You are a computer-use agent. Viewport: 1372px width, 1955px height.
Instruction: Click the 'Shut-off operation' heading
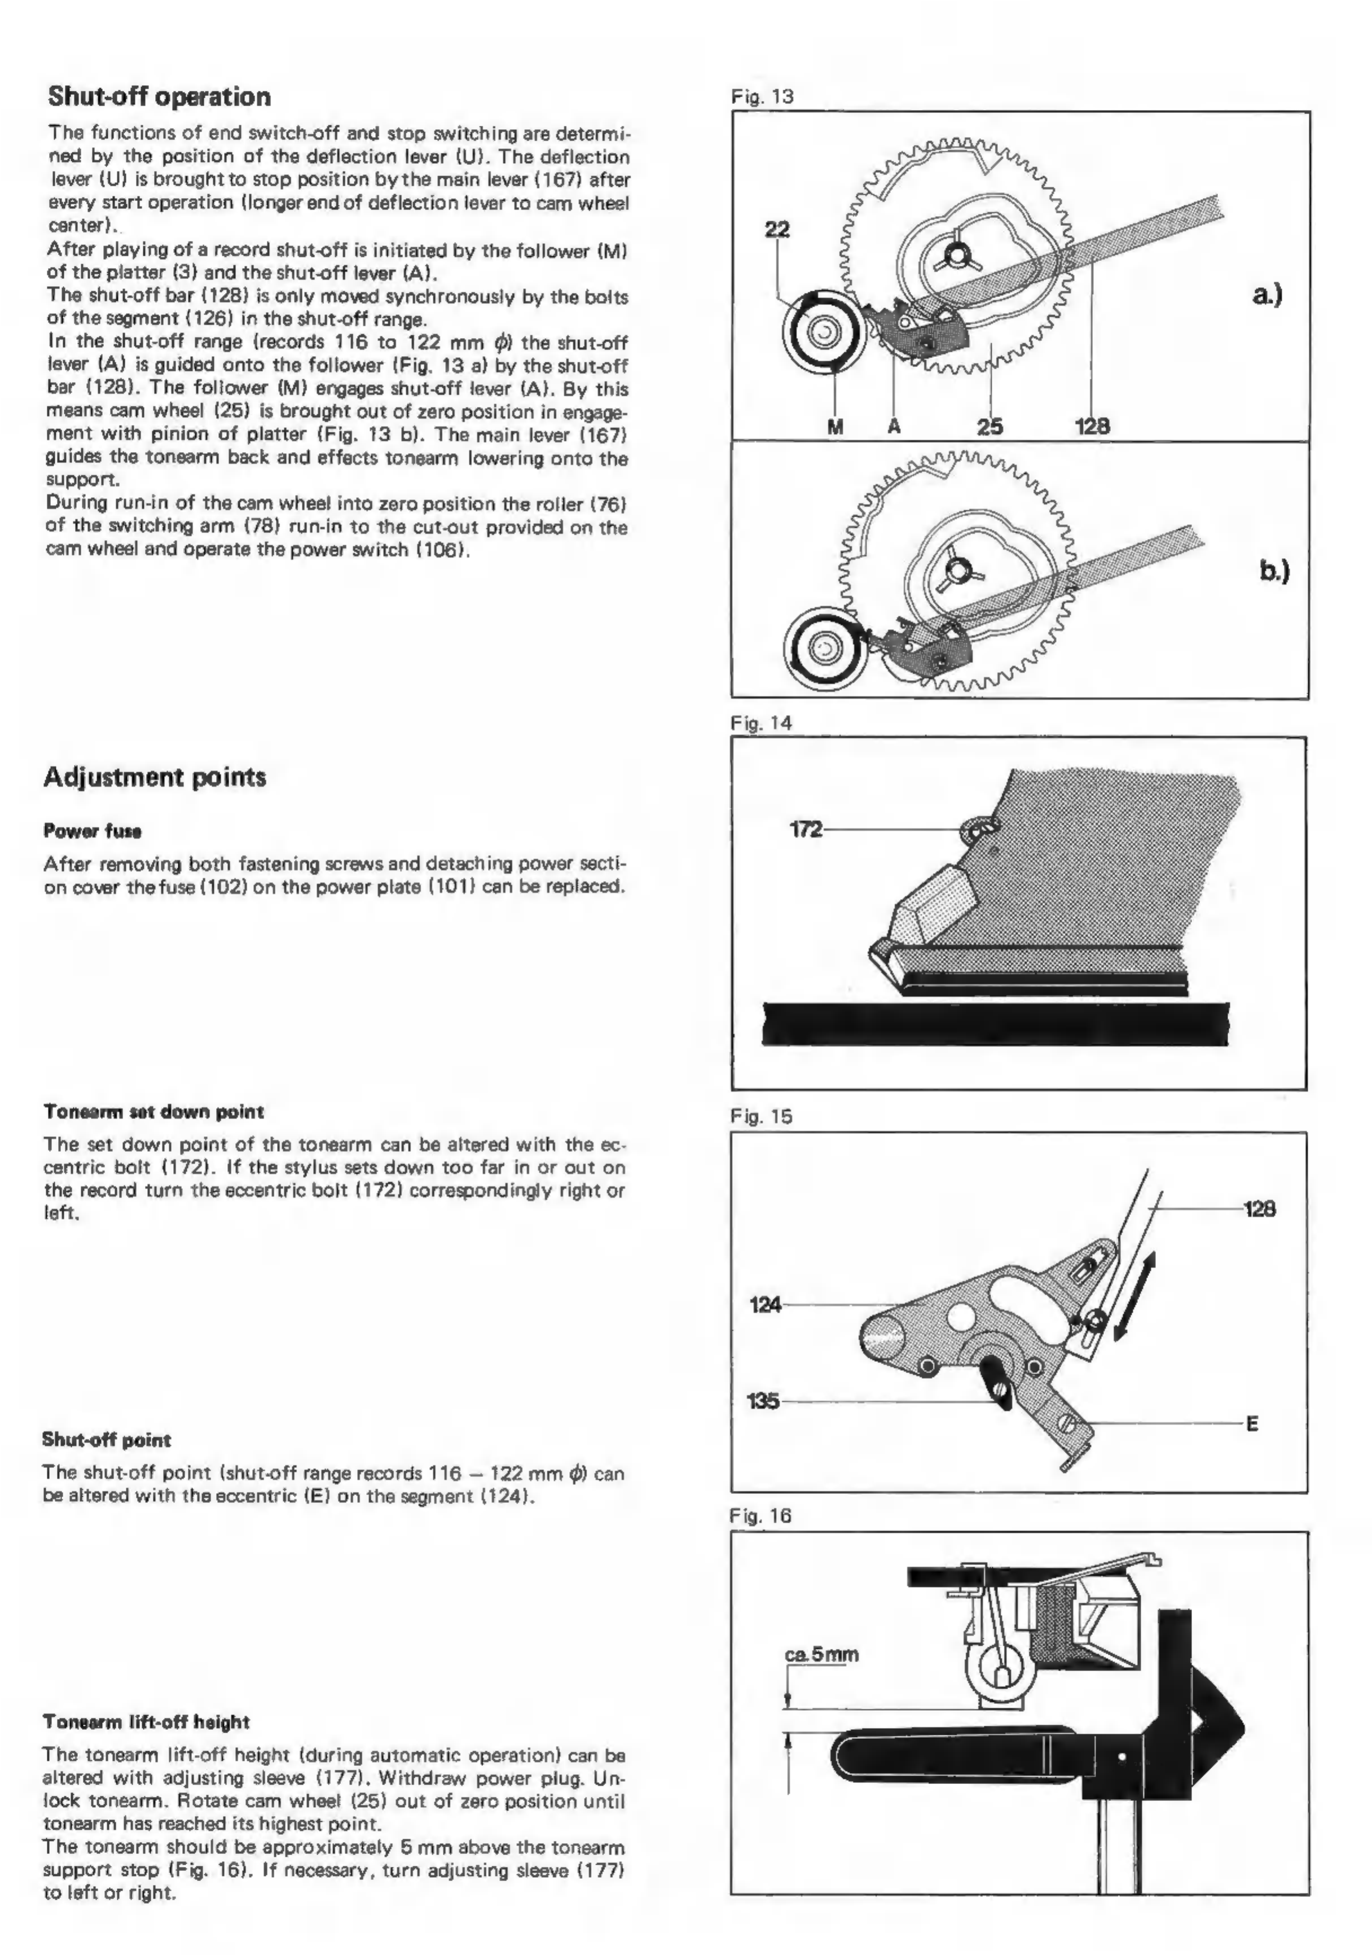click(x=159, y=96)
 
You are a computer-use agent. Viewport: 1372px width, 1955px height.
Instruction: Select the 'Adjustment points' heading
click(x=155, y=777)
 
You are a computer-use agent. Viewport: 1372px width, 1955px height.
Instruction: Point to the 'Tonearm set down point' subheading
click(x=153, y=1111)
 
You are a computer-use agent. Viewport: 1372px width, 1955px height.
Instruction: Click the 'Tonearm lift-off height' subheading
click(x=146, y=1722)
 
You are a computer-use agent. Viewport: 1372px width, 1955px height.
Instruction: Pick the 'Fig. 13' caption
click(x=762, y=96)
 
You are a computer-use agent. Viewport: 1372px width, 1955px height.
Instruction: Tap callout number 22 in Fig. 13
click(x=777, y=229)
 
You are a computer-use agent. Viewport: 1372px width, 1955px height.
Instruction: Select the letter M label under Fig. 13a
click(x=835, y=427)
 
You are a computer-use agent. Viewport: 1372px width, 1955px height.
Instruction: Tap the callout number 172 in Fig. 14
click(x=806, y=829)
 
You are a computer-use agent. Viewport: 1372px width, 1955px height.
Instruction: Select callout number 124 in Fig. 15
click(x=765, y=1304)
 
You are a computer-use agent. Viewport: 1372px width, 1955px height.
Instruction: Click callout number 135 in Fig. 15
click(x=763, y=1401)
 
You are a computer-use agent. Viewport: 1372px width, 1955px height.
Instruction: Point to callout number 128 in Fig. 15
click(x=1260, y=1208)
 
